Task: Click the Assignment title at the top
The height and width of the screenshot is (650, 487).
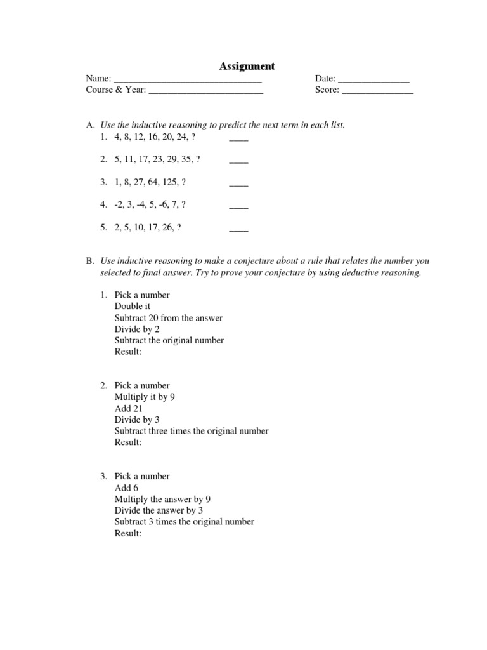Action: [247, 66]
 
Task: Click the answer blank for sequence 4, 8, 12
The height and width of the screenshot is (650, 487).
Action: [238, 138]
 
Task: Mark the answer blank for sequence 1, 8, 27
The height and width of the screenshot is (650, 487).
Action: [238, 183]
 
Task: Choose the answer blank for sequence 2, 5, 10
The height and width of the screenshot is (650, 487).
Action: [238, 229]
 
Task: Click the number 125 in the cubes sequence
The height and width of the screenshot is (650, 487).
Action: [167, 182]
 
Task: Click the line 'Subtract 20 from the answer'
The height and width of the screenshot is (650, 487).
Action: [168, 318]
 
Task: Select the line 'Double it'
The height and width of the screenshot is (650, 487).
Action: [132, 307]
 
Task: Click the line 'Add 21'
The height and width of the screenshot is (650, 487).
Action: [129, 409]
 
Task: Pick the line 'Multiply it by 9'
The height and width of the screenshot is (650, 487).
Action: [145, 397]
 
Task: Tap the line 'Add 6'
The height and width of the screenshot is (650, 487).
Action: [126, 488]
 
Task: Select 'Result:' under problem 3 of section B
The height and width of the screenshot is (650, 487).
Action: [128, 534]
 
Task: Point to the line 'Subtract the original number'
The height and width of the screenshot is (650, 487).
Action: [169, 340]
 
